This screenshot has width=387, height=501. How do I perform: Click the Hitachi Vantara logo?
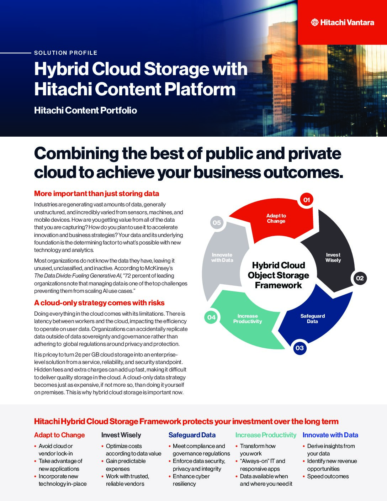click(x=342, y=22)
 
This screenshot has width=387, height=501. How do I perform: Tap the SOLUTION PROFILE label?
click(x=66, y=53)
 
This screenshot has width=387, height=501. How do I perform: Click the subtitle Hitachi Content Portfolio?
click(x=85, y=110)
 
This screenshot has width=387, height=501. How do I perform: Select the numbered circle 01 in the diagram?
click(x=307, y=200)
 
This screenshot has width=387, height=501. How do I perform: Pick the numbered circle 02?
click(x=360, y=278)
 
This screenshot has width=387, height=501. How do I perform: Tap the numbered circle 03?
click(x=299, y=348)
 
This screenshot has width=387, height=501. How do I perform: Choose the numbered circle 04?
click(x=211, y=317)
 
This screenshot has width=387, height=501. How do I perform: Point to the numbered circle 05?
click(x=217, y=223)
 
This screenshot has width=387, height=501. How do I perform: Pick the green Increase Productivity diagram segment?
click(x=248, y=319)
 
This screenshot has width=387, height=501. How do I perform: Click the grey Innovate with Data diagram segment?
click(x=222, y=258)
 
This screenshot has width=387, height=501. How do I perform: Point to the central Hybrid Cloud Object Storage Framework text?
click(x=278, y=275)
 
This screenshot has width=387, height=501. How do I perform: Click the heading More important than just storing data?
click(x=96, y=194)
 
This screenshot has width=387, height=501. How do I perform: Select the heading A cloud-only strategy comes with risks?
click(x=99, y=303)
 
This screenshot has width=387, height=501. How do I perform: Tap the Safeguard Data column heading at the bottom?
click(x=192, y=435)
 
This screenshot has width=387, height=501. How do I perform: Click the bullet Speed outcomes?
click(x=328, y=476)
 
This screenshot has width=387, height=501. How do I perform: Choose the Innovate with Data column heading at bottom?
click(x=330, y=435)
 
